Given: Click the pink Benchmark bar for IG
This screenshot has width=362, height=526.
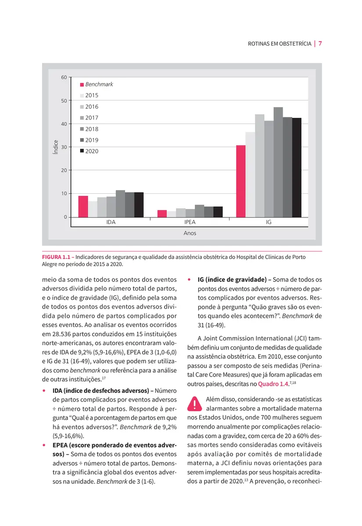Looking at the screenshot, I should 241,181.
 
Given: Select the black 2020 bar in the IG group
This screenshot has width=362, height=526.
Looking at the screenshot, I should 297,167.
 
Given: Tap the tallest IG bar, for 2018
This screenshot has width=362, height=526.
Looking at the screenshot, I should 278,162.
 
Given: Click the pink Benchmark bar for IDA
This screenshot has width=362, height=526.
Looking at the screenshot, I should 83,206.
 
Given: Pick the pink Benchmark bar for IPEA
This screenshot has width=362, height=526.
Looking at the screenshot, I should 162,213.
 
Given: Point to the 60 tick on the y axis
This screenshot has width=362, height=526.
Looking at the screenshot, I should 64,78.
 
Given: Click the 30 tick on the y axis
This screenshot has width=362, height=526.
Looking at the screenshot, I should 64,147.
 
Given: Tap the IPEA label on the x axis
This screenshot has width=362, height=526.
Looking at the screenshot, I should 190,222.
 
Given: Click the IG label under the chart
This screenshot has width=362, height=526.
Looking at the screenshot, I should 269,222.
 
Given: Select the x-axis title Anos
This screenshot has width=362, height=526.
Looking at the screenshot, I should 190,233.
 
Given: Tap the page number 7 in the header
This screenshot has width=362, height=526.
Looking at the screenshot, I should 320,44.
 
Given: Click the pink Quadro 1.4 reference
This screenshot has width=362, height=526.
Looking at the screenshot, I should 274,384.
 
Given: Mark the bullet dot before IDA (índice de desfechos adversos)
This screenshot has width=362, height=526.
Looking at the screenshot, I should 44,391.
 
